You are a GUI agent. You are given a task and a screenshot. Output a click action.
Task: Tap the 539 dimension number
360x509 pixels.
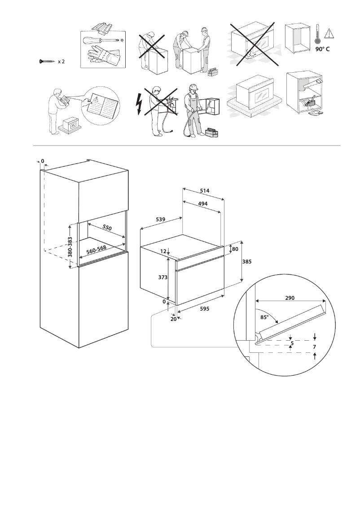click(x=161, y=219)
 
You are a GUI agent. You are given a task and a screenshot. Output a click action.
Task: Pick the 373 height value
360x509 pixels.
click(x=163, y=278)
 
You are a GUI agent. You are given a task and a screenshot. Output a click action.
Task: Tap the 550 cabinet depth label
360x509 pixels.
click(x=107, y=228)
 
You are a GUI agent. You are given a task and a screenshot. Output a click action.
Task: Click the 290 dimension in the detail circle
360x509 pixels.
click(x=290, y=297)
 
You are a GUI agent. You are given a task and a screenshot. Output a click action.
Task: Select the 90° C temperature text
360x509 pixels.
click(x=322, y=49)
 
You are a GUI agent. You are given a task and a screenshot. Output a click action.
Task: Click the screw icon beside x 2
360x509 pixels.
click(x=47, y=61)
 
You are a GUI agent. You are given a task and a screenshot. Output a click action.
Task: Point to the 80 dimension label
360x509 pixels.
click(x=235, y=249)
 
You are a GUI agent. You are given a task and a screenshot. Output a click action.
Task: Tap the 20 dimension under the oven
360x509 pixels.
click(x=173, y=319)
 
